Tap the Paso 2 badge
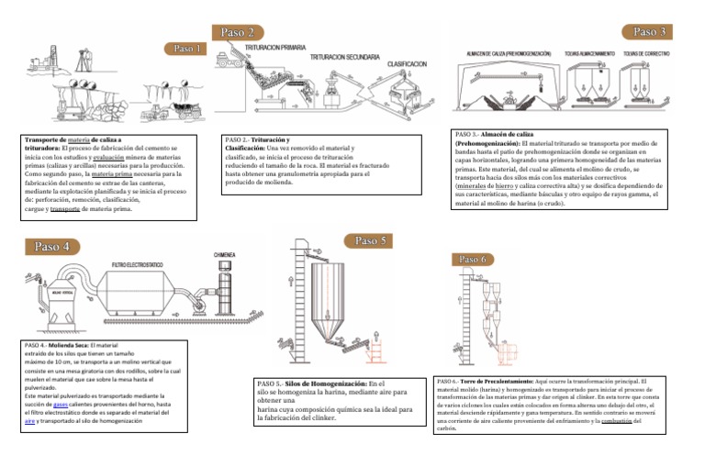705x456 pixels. tap(239, 32)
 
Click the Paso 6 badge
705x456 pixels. tap(471, 259)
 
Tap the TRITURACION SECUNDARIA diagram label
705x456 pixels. tap(348, 57)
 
